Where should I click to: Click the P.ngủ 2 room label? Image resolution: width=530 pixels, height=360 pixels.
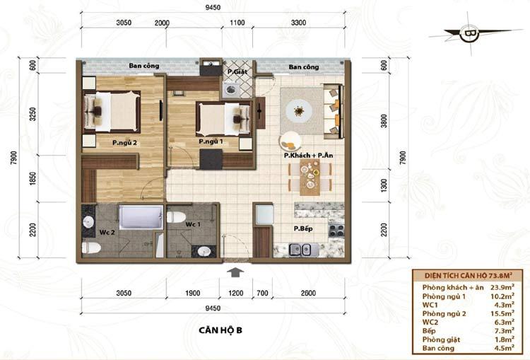[124, 143]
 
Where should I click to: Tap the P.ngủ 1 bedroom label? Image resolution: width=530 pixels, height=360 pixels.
[211, 141]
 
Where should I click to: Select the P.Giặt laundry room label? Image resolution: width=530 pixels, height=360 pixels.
[237, 71]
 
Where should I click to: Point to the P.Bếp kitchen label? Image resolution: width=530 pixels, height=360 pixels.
[303, 228]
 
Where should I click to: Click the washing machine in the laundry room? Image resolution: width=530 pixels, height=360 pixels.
[232, 90]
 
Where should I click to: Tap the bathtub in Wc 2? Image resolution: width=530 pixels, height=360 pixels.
[141, 217]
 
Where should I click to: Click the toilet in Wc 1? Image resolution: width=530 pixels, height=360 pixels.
[176, 217]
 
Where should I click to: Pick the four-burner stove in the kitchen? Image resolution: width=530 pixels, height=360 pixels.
[336, 230]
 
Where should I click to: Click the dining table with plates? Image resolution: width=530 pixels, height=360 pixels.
[310, 177]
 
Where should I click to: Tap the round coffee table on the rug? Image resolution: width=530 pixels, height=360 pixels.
[299, 111]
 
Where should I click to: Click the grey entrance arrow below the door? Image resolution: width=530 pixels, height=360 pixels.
[235, 272]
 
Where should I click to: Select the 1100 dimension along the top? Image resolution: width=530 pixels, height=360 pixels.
[237, 23]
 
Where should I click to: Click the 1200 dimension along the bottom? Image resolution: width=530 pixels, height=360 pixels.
[235, 293]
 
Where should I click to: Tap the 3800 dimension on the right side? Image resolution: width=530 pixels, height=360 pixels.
[384, 121]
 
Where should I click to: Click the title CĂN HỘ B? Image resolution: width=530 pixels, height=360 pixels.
[220, 330]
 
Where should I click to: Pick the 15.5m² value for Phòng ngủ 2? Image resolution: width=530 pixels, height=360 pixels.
[502, 313]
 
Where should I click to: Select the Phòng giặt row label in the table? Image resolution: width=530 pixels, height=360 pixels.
[441, 339]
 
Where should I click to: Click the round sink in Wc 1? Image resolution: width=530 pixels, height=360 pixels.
[204, 251]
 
